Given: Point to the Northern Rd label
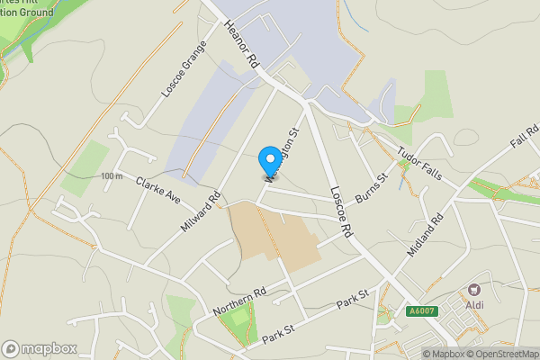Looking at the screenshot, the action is pyautogui.click(x=240, y=301).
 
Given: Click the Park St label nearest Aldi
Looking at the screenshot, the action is pyautogui.click(x=353, y=300).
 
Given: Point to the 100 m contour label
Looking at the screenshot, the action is pyautogui.click(x=112, y=175).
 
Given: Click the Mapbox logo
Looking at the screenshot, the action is pyautogui.click(x=40, y=348).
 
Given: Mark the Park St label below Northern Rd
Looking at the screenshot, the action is pyautogui.click(x=279, y=337).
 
